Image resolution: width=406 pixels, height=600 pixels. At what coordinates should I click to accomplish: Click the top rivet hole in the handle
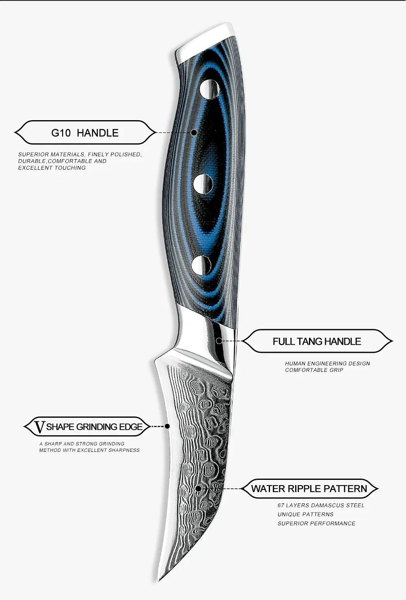coord(209,89)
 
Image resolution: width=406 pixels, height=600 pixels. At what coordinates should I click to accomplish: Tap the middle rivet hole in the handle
coord(203,184)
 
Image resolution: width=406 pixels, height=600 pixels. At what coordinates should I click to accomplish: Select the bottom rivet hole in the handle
coord(201,265)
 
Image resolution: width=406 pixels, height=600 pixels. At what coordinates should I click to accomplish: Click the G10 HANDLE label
coord(85,133)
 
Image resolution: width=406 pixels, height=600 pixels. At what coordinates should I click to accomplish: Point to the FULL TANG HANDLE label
coord(317,341)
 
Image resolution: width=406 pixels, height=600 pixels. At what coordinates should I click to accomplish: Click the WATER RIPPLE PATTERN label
coord(309,489)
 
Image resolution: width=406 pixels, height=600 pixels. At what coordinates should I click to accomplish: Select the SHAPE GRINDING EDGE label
coord(94,427)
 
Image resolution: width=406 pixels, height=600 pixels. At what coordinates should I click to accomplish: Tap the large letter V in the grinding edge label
coord(39,427)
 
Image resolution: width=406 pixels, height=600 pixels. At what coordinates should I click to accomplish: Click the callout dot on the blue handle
coord(194,132)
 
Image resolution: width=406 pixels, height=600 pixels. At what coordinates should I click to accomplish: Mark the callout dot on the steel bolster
coord(219,341)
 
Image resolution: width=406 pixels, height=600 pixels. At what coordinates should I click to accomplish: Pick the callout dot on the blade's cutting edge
coord(167,426)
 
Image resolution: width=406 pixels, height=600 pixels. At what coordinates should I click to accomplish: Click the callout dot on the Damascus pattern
coord(198,488)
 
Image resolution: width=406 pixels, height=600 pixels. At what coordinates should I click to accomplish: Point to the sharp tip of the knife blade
coord(159,580)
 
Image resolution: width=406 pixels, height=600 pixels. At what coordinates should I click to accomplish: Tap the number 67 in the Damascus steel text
coord(281,505)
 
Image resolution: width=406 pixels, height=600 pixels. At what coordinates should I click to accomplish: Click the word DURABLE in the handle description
coord(32,161)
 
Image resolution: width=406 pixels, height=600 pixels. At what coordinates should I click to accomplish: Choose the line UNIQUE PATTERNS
coord(305,514)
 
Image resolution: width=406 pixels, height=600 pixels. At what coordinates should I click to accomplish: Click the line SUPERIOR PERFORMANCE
coord(316,523)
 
